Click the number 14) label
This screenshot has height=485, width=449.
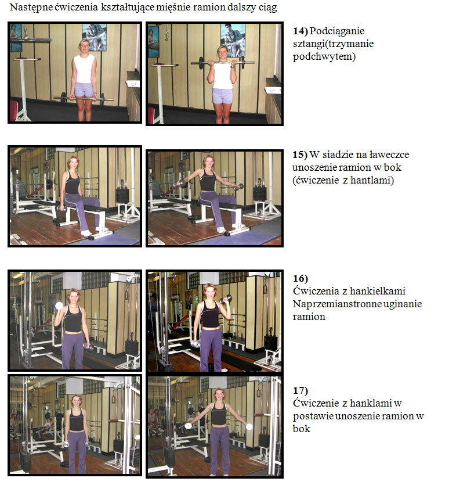[300, 31]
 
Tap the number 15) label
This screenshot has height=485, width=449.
[300, 155]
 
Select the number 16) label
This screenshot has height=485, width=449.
[300, 278]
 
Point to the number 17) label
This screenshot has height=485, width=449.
[300, 391]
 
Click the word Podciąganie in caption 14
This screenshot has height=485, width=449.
[337, 31]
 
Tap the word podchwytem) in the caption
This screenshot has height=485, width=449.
[324, 57]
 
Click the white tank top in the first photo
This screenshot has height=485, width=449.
[84, 69]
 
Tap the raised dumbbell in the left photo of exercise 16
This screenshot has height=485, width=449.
[59, 306]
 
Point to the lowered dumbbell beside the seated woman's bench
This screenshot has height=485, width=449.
[62, 209]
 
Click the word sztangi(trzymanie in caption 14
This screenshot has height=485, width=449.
[333, 44]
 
